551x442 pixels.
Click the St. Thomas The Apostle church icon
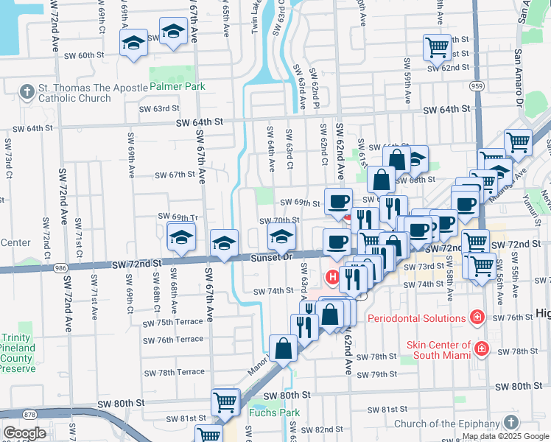pos(27,92)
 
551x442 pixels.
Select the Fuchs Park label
pos(274,413)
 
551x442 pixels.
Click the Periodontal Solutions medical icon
pos(477,318)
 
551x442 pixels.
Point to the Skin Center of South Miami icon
pos(481,348)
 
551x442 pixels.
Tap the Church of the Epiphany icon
pos(511,423)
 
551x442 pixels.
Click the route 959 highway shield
pos(477,86)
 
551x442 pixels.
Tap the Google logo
pos(24,432)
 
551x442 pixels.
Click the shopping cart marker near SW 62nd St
pos(437,47)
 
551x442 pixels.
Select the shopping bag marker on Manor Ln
pos(283,348)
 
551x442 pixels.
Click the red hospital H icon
pos(332,278)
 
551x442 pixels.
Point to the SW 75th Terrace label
pos(172,323)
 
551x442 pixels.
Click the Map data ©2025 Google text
pos(505,436)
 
